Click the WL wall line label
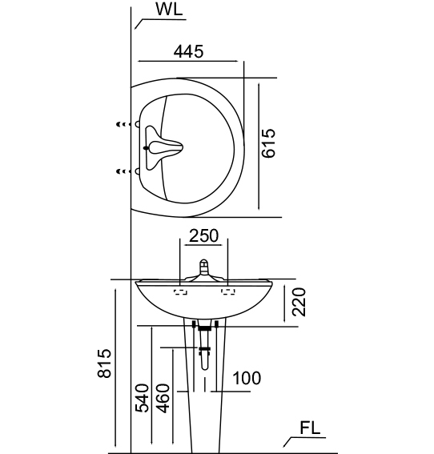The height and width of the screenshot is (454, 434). tap(170, 10)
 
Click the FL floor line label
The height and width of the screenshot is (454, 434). tap(310, 428)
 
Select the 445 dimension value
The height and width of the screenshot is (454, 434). tap(188, 51)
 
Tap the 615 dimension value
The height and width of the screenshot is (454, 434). tap(268, 143)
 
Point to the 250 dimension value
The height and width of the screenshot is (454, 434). tap(204, 235)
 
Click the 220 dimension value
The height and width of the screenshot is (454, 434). tap(299, 302)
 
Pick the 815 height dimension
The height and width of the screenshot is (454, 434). tap(104, 364)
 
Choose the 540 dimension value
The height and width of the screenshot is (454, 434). tap(143, 398)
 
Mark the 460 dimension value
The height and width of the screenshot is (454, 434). tap(163, 398)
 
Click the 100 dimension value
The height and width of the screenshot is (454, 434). tap(247, 378)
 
